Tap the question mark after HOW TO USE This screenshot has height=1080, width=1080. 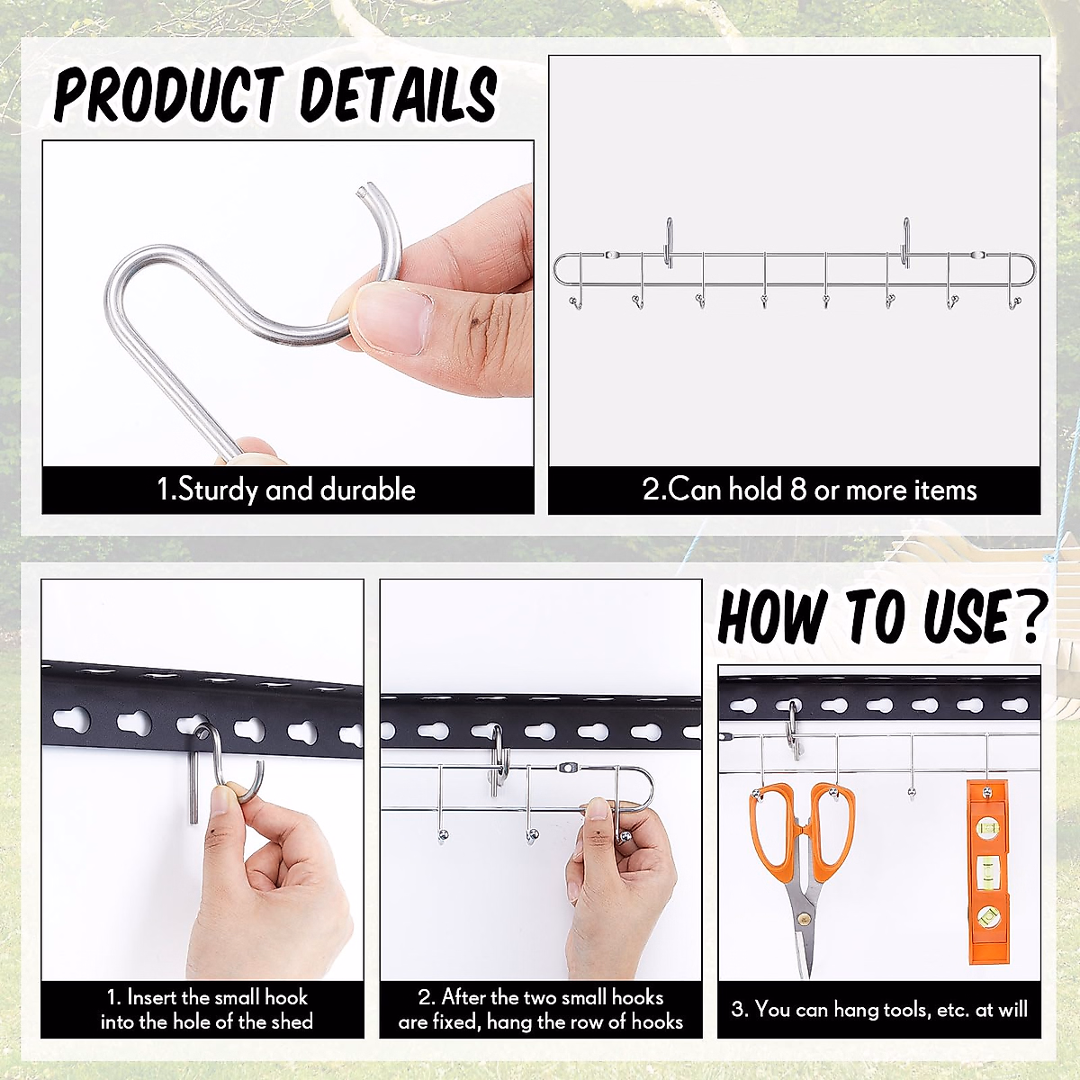(x=1026, y=616)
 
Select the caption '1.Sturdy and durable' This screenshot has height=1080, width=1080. (x=287, y=490)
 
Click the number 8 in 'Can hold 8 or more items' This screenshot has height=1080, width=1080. (x=797, y=490)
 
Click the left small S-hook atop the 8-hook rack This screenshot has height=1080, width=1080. (x=669, y=242)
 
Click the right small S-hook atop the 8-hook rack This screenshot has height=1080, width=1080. (x=905, y=242)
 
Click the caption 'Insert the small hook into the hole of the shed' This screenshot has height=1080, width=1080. (x=206, y=1009)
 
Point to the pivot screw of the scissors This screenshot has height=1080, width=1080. (x=801, y=919)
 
